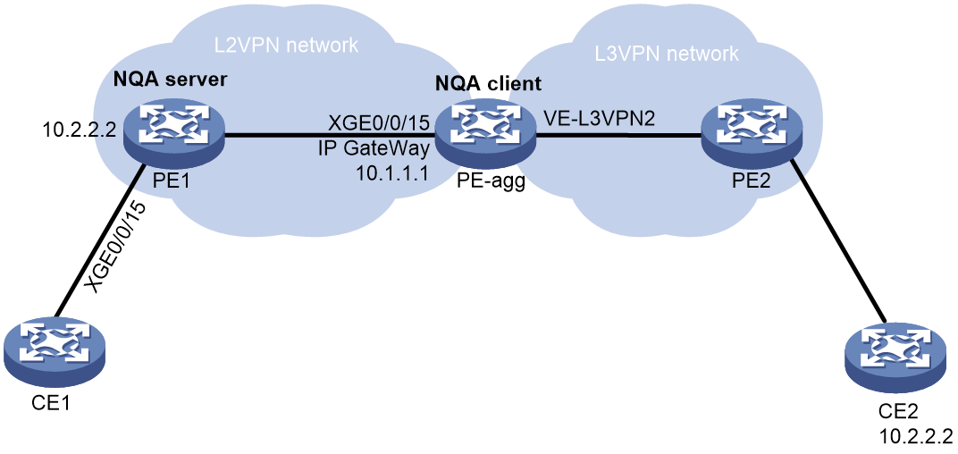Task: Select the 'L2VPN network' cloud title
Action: pyautogui.click(x=286, y=46)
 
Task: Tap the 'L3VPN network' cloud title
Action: pyautogui.click(x=668, y=54)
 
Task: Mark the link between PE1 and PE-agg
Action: pyautogui.click(x=330, y=136)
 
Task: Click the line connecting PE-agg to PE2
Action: pyautogui.click(x=618, y=136)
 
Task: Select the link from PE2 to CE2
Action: pyautogui.click(x=837, y=240)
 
